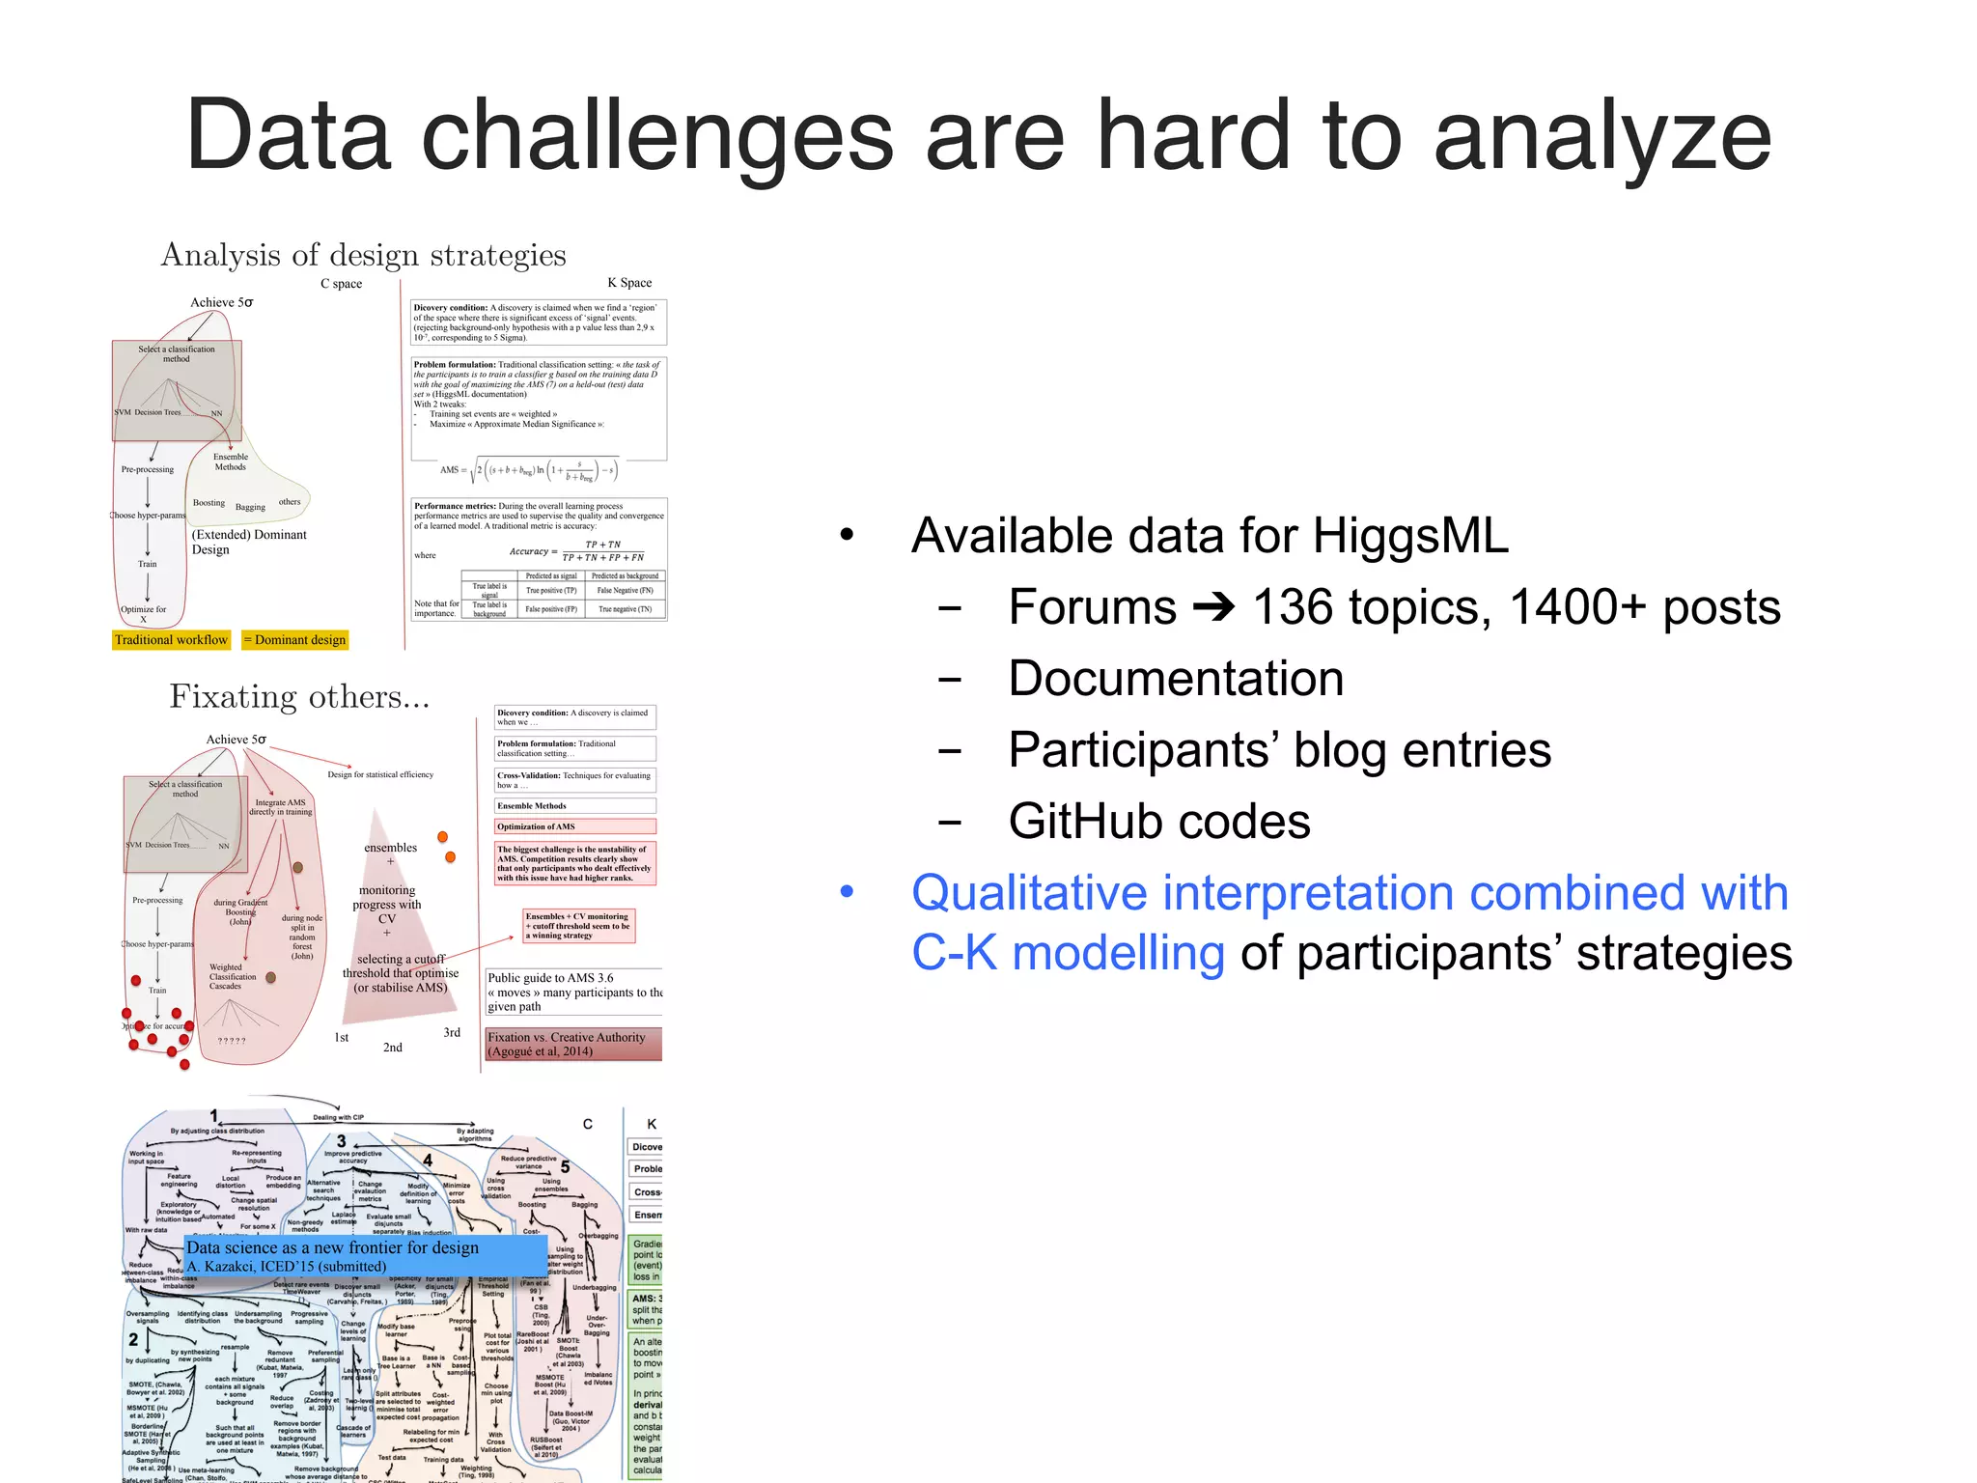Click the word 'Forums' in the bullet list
coord(1092,607)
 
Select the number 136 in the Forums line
coord(1297,607)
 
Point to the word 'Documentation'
coord(1176,679)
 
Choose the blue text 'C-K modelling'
coord(1068,953)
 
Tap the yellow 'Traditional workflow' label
coord(171,640)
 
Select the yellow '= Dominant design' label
coord(294,640)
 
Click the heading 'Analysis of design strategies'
coord(363,255)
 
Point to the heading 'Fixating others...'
coord(299,696)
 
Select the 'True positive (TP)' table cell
coord(550,590)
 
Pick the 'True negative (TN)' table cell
coord(625,609)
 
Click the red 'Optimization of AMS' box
coord(574,826)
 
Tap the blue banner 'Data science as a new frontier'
coord(365,1255)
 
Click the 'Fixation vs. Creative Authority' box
coord(573,1044)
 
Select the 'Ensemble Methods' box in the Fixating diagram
coord(574,805)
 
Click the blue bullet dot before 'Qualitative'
coord(847,893)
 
